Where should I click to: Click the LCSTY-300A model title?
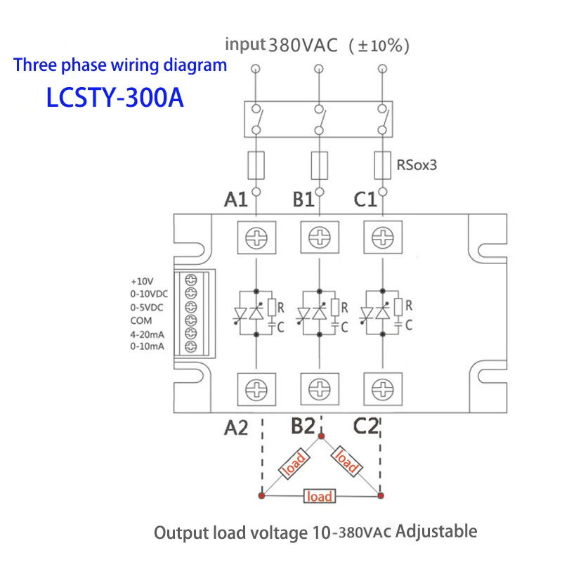tap(115, 97)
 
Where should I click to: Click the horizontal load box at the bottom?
tap(319, 496)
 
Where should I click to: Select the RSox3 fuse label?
tap(417, 166)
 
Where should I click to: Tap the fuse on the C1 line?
tap(381, 166)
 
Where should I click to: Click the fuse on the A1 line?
tap(256, 166)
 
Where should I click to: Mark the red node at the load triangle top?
tap(321, 436)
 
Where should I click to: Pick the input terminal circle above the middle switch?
tap(319, 68)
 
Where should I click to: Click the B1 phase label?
tap(303, 200)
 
